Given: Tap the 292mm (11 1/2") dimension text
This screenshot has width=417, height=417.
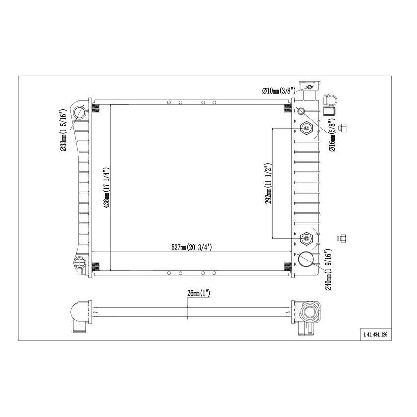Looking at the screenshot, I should (x=268, y=184).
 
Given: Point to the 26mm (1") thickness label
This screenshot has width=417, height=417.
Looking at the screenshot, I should (x=199, y=293).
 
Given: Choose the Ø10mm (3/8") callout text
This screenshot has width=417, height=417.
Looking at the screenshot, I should (x=278, y=91).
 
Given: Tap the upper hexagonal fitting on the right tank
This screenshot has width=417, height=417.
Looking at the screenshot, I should (x=306, y=129).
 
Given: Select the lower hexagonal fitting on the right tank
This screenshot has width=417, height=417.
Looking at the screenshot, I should (x=306, y=238).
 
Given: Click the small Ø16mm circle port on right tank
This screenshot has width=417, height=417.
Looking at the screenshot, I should (x=301, y=110).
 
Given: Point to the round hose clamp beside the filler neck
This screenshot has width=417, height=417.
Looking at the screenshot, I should (x=329, y=98).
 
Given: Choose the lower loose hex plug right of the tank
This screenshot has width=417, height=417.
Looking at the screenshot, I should (x=341, y=238).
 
